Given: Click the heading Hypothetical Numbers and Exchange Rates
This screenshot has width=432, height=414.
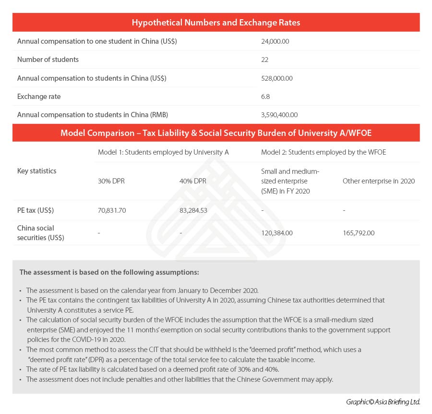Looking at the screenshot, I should [216, 23].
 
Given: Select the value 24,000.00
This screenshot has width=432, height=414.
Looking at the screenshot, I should [275, 41].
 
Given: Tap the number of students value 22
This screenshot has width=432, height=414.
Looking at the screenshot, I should [265, 60].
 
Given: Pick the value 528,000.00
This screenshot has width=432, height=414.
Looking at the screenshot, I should [277, 78].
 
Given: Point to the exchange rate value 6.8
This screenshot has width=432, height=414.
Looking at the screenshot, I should [265, 97].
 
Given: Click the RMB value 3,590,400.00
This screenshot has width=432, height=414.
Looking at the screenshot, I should [279, 115].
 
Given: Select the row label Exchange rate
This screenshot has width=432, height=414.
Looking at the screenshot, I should [39, 97].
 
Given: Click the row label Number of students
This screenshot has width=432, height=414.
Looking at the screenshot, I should [48, 60].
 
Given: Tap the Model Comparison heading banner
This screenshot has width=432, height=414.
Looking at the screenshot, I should [216, 133].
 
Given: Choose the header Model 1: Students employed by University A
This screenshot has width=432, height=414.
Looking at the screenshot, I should [163, 152].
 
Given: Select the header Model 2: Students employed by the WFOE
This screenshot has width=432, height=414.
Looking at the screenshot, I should [324, 152].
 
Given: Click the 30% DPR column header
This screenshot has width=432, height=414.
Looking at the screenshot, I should [111, 181].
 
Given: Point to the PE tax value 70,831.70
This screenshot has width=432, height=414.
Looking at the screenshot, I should [112, 210].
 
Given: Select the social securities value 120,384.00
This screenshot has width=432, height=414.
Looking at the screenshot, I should [277, 233].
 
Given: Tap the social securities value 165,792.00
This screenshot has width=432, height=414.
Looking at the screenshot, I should [359, 233].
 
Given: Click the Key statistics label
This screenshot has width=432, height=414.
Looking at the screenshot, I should [36, 171].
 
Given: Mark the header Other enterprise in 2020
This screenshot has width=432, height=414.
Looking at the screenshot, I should [379, 181].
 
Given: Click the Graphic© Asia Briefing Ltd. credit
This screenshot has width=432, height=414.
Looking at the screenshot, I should [383, 402].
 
